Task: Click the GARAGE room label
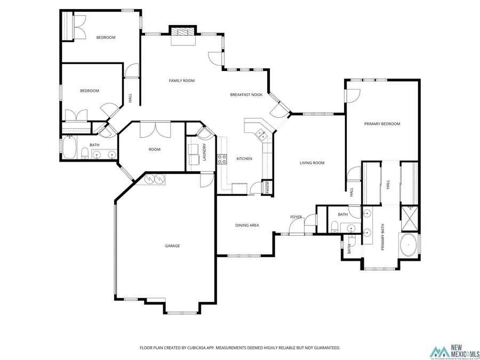tap(172, 246)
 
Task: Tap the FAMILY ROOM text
tap(181, 81)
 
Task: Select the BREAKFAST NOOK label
tap(246, 95)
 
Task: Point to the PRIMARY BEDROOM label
tap(382, 124)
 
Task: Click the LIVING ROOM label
tap(311, 163)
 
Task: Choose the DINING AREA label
tap(247, 225)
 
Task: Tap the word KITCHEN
tap(244, 159)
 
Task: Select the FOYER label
tap(296, 217)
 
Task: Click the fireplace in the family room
tap(183, 33)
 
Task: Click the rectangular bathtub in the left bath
tap(69, 148)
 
